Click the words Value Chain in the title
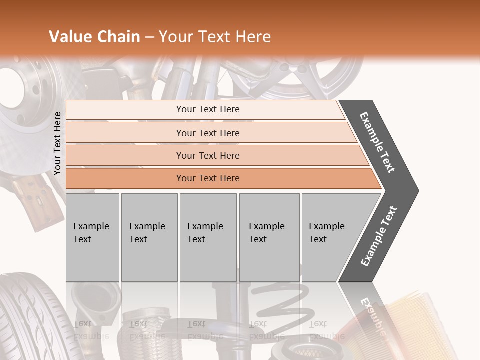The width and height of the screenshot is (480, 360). pyautogui.click(x=94, y=37)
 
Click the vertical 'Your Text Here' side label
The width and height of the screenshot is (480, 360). pyautogui.click(x=58, y=143)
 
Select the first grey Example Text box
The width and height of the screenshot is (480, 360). pyautogui.click(x=92, y=237)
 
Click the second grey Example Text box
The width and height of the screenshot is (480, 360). pyautogui.click(x=149, y=237)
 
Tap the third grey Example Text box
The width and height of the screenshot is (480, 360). pyautogui.click(x=208, y=237)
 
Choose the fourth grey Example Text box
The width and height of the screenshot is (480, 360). pyautogui.click(x=269, y=237)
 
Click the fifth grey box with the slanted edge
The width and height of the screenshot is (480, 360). pyautogui.click(x=330, y=237)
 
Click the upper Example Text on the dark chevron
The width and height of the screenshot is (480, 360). pyautogui.click(x=377, y=142)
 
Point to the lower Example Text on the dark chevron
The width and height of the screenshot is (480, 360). pyautogui.click(x=379, y=236)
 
